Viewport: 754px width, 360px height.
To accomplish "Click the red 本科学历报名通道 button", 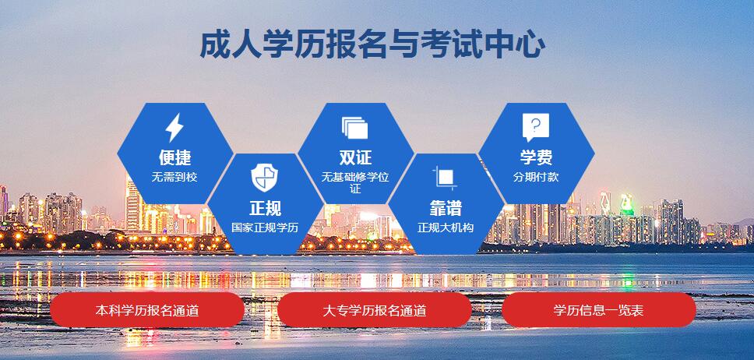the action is point(147,310).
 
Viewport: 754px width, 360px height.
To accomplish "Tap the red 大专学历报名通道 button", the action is point(374,310).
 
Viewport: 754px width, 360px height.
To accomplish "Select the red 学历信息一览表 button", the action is point(599,310).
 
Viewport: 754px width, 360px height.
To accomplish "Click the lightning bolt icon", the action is point(174,128).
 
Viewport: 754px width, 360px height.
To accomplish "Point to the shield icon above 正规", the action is point(265,178).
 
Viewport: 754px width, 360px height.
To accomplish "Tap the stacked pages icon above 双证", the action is point(355,128).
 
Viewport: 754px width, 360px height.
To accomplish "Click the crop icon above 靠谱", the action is point(445,178).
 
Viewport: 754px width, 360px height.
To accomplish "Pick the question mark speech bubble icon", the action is point(536,128).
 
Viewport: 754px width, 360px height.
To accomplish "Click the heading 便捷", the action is point(175,157).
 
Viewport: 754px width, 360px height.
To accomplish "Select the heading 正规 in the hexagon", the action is point(265,208).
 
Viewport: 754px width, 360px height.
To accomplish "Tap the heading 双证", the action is point(355,157).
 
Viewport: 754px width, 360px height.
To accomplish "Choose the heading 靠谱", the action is point(446,208).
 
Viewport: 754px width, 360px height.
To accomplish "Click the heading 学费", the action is point(536,157).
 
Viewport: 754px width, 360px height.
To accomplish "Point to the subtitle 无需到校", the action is point(174,177).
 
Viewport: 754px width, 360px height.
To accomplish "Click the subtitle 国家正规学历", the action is point(265,228).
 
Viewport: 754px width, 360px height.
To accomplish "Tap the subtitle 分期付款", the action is point(536,177).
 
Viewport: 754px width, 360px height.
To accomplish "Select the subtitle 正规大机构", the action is point(446,228).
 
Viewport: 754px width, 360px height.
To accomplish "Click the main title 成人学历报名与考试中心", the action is point(372,44).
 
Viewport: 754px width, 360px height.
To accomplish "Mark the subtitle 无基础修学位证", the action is point(355,182).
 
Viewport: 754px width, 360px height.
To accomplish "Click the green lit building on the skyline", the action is point(626,204).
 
